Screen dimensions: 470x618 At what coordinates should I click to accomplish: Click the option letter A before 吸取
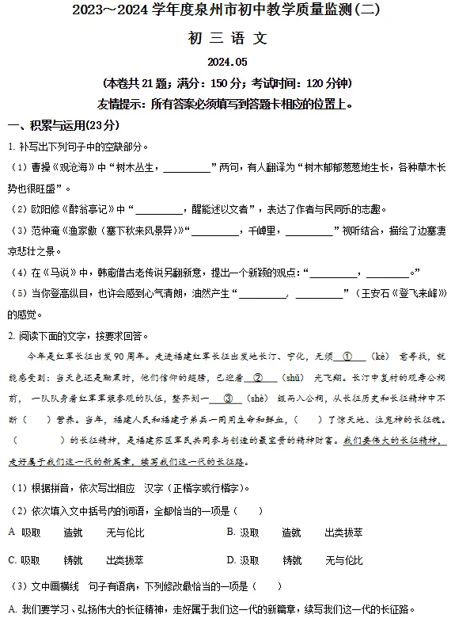(11, 532)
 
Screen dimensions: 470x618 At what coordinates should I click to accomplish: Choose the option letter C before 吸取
(12, 559)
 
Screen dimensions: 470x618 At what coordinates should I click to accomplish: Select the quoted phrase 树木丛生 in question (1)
(137, 167)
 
